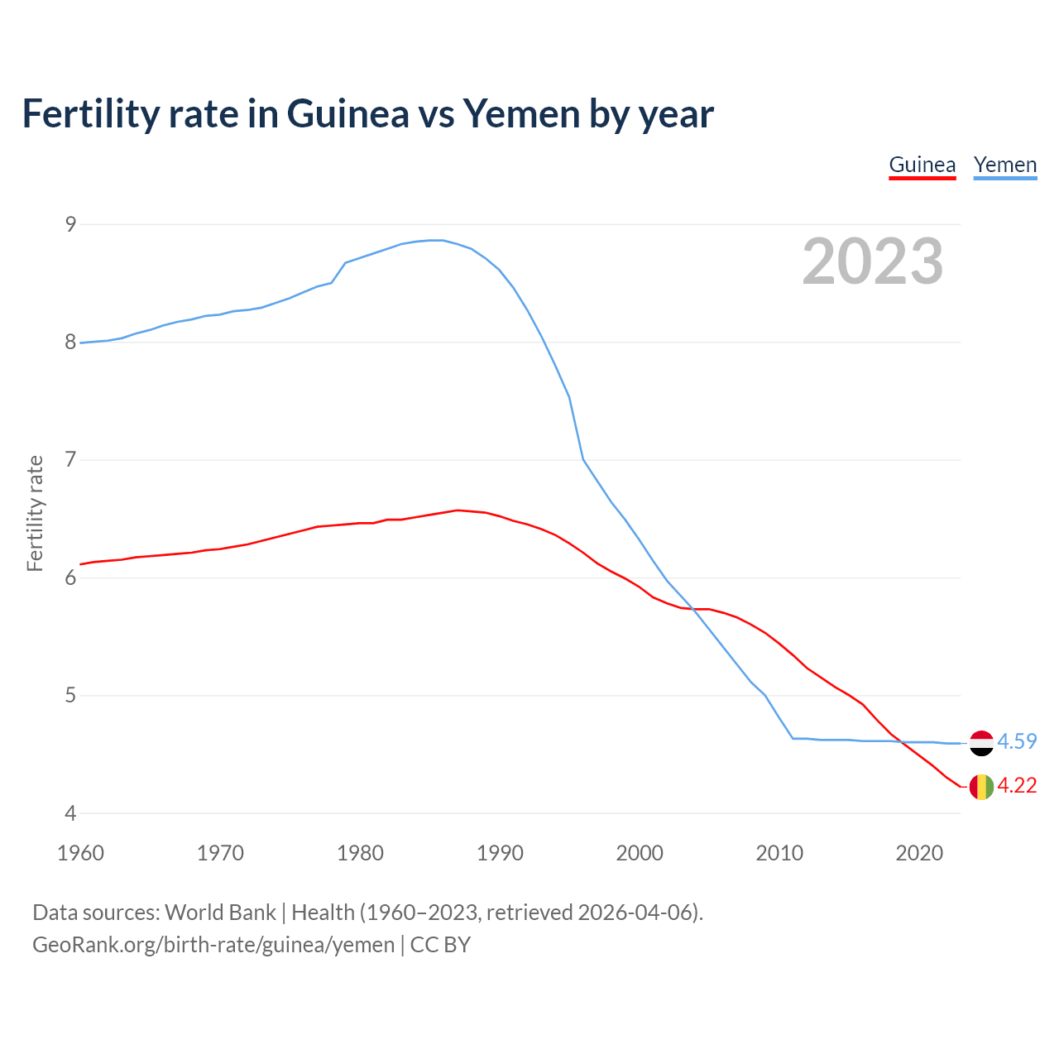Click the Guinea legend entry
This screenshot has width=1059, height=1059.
click(x=922, y=165)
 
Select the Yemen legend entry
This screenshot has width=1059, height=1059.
click(x=1004, y=165)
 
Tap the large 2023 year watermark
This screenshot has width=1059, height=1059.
click(x=872, y=261)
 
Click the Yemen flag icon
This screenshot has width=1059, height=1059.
click(x=981, y=743)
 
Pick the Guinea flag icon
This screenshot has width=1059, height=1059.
click(x=981, y=786)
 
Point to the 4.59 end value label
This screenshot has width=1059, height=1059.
click(x=1017, y=741)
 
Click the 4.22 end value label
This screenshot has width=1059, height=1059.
click(x=1017, y=785)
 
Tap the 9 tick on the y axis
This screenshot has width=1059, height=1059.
click(x=70, y=224)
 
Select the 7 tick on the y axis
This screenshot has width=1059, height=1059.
click(x=70, y=459)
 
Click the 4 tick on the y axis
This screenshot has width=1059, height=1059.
click(x=70, y=813)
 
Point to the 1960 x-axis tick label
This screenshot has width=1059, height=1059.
click(x=80, y=853)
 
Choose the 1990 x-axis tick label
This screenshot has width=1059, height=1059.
click(x=500, y=853)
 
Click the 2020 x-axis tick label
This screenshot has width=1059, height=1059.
click(x=919, y=853)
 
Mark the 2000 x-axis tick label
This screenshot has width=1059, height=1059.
click(x=640, y=853)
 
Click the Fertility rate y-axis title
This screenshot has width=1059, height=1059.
click(x=35, y=513)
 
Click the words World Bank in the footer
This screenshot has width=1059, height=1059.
click(x=220, y=913)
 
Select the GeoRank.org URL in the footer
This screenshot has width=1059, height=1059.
click(x=213, y=945)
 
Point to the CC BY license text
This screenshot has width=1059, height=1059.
click(x=440, y=945)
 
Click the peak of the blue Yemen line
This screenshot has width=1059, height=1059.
click(x=436, y=240)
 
